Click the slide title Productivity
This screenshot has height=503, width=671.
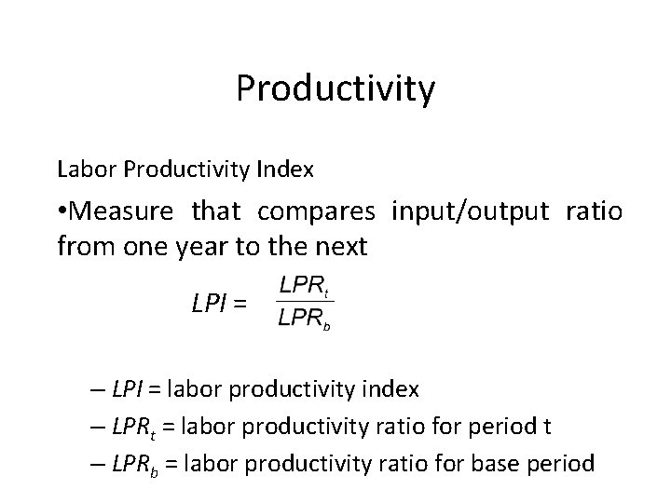click(x=335, y=89)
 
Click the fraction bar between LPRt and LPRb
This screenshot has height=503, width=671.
click(x=306, y=300)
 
